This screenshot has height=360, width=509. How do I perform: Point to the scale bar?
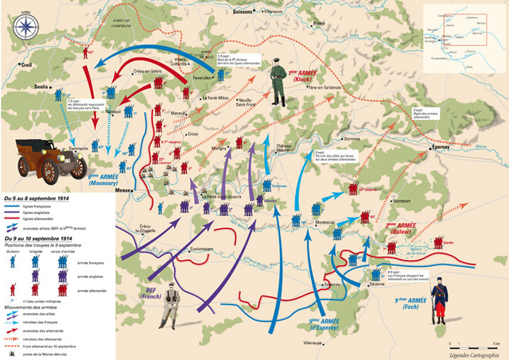point(472,343)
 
